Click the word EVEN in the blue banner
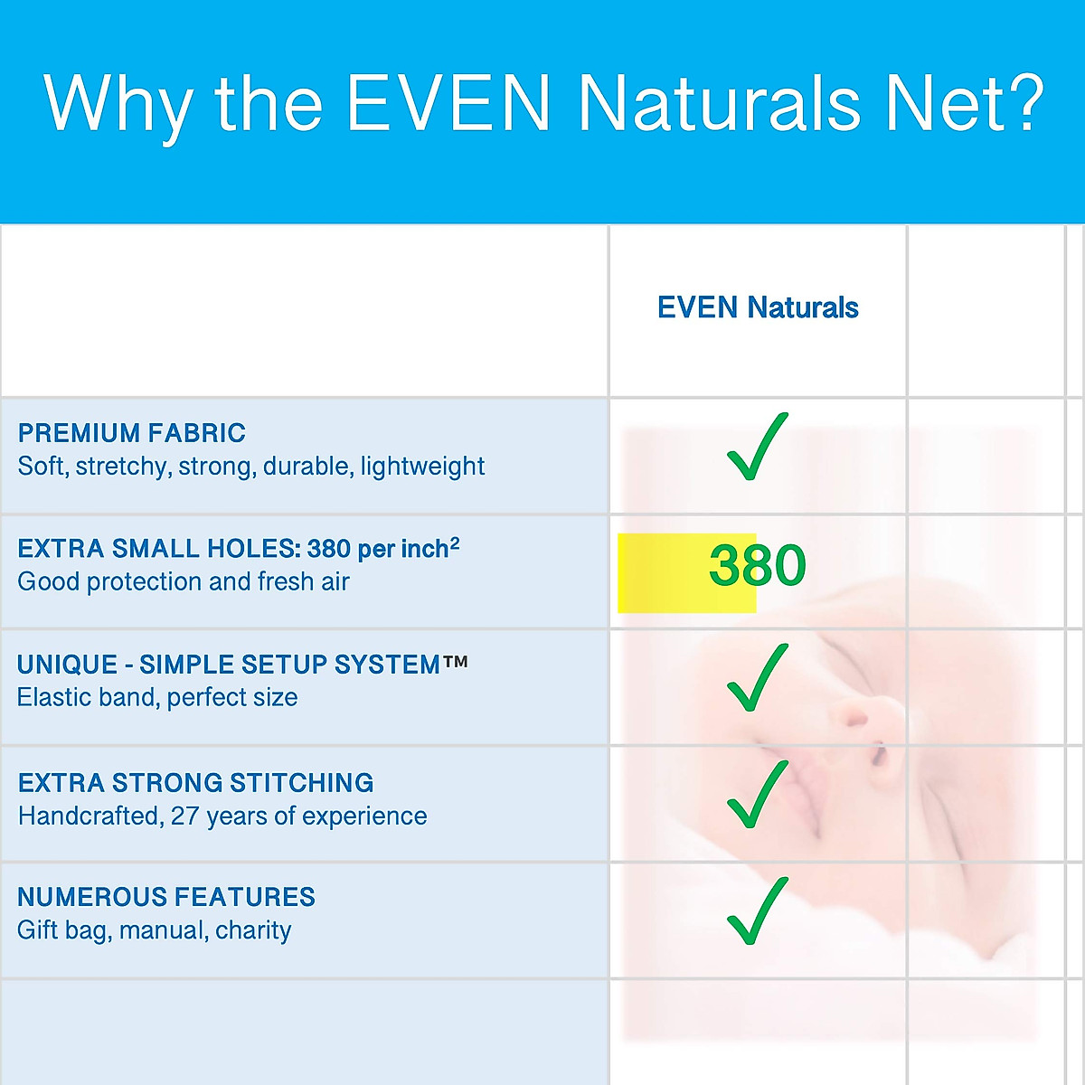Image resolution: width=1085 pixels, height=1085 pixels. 448,103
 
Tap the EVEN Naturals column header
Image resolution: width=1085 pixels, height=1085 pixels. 758,307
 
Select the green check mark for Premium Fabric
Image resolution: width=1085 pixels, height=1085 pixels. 758,447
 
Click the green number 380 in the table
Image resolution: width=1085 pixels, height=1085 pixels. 758,564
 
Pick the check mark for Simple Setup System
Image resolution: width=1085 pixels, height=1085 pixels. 758,677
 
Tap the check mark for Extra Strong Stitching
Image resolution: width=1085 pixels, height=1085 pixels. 758,794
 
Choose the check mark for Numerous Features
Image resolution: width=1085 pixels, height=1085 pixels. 758,910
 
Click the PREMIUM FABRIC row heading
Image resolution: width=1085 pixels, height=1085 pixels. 132,433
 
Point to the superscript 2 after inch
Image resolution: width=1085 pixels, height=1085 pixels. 455,542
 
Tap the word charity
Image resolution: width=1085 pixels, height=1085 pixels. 253,930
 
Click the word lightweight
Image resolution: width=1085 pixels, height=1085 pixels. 422,467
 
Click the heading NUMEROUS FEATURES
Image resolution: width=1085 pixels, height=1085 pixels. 166,897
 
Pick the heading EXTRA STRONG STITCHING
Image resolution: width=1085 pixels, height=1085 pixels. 196,783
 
